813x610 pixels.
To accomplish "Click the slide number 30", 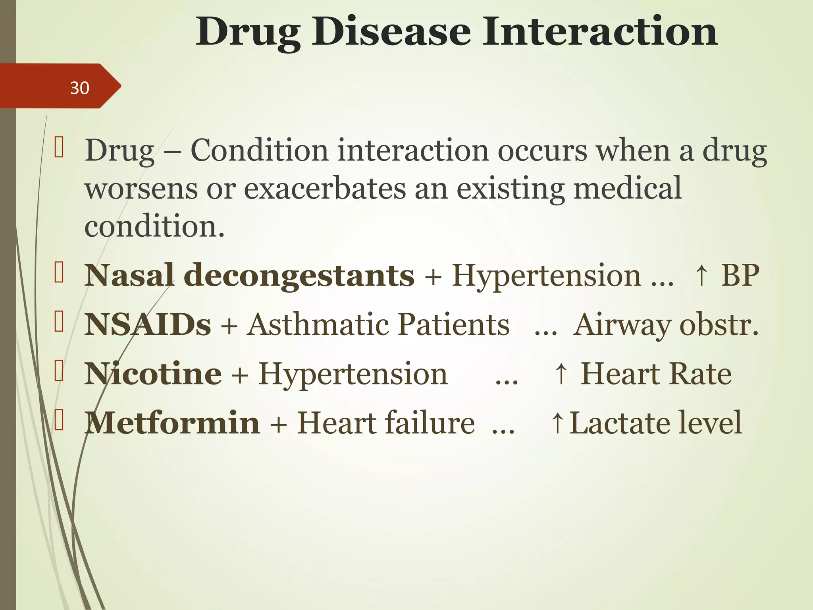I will (x=79, y=88).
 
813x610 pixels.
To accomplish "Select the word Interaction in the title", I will (x=599, y=32).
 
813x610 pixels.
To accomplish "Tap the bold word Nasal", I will (x=129, y=276).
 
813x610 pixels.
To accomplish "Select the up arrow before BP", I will (x=701, y=276).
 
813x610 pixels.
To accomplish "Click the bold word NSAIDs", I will (x=147, y=325).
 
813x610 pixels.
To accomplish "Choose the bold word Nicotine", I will (x=153, y=374).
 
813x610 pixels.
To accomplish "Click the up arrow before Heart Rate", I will (x=561, y=374).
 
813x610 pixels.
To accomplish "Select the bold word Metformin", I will (x=172, y=423).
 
